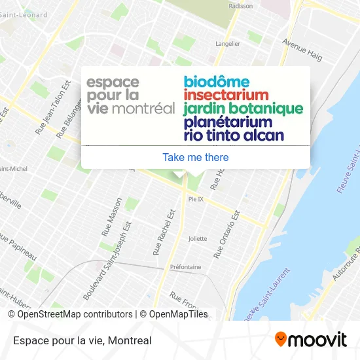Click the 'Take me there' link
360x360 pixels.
(x=195, y=157)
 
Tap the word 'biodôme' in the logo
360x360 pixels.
(x=217, y=82)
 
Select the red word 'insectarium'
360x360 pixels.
(x=226, y=96)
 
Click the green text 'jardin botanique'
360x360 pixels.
(x=243, y=109)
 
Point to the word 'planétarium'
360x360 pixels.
(x=228, y=122)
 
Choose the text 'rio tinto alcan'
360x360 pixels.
(x=234, y=136)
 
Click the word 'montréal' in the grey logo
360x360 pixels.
(x=144, y=109)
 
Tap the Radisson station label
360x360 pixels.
(x=241, y=6)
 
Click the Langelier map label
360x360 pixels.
(x=228, y=44)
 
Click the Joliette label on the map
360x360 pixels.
(x=197, y=238)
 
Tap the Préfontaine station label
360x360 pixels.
(x=185, y=267)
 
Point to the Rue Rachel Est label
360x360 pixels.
(x=164, y=232)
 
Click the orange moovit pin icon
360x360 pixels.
(x=281, y=340)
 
